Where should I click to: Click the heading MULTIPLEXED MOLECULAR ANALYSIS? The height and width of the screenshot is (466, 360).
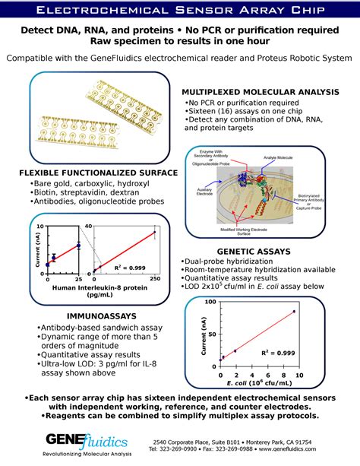coord(261,91)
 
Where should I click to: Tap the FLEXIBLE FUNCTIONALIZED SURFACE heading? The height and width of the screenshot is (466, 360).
coord(99,173)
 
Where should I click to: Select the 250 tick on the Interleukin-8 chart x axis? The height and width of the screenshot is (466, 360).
coord(155,278)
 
